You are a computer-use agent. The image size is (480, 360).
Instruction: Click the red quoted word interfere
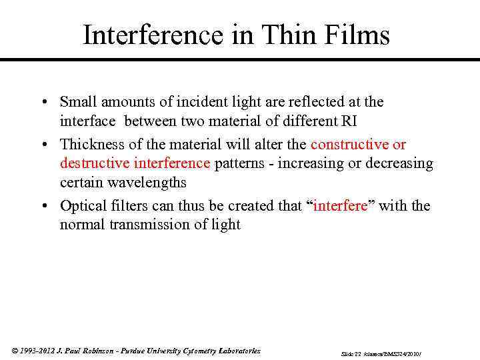coord(340,206)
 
